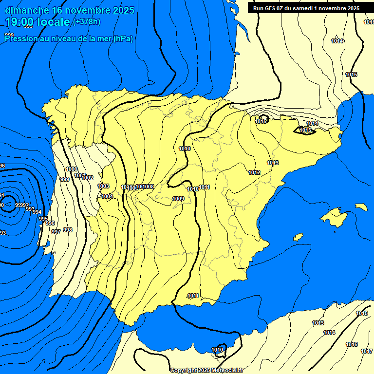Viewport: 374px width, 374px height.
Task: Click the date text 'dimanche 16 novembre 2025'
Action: [x=70, y=10]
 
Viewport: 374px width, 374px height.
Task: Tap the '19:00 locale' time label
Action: [x=38, y=21]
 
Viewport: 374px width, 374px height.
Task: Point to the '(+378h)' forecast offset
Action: [x=86, y=21]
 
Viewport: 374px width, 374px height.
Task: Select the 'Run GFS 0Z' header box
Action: [x=304, y=8]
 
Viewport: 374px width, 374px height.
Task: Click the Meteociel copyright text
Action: [x=206, y=370]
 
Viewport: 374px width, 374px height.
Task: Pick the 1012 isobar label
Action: [x=254, y=172]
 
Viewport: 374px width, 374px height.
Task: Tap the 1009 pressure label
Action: [x=178, y=199]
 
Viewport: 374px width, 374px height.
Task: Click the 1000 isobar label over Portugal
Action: [x=71, y=169]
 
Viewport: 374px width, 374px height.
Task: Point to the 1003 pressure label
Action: [x=103, y=186]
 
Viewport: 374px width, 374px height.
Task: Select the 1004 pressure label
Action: [x=107, y=196]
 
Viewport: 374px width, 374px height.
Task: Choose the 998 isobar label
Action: [x=68, y=230]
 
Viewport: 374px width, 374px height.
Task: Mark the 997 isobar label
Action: [x=56, y=232]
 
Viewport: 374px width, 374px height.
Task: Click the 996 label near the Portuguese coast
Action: [x=50, y=223]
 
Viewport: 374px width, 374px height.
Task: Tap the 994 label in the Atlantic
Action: [x=37, y=212]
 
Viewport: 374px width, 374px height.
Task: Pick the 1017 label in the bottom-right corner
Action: [x=366, y=351]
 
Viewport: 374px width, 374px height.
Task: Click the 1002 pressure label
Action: [x=88, y=178]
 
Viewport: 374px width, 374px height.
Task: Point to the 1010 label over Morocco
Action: [x=218, y=350]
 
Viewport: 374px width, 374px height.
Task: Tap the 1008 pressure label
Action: [x=149, y=187]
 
